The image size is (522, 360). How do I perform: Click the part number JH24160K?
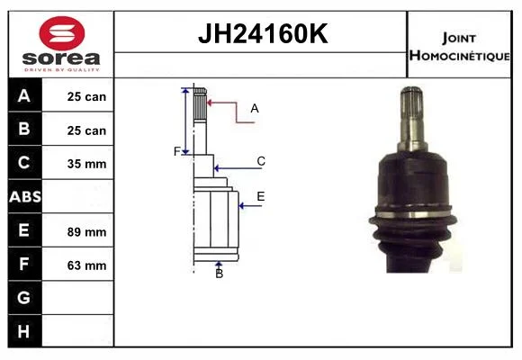point(263,33)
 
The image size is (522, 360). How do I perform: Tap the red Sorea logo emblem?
point(62,33)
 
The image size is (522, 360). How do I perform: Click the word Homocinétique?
point(459,56)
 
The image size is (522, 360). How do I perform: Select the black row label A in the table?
point(24,96)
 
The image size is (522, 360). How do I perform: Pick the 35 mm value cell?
point(86,164)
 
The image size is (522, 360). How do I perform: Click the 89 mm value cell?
point(86,232)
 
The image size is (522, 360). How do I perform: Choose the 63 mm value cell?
point(86,265)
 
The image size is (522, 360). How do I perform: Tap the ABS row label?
point(25,197)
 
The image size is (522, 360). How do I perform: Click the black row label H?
point(23,331)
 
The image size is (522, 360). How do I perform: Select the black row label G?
point(23,297)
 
